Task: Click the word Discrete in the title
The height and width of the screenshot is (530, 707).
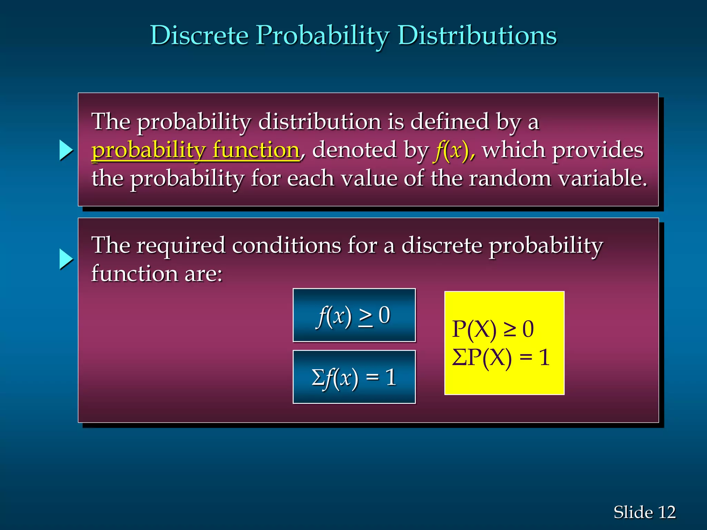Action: (x=200, y=36)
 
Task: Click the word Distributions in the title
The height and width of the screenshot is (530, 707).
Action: (x=477, y=36)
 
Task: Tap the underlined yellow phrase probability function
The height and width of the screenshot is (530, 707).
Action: (x=195, y=150)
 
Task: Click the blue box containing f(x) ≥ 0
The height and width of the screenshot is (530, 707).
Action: (x=354, y=315)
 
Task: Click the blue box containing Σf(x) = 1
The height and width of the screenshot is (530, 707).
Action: (x=354, y=377)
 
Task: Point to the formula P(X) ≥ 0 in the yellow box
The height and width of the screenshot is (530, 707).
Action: (x=493, y=329)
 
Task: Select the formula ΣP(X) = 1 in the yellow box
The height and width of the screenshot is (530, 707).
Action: (x=501, y=357)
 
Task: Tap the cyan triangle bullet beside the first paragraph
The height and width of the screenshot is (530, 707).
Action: (x=66, y=150)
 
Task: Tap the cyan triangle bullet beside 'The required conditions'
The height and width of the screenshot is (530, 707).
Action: (x=66, y=259)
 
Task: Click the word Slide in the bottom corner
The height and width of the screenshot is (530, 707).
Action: (x=633, y=512)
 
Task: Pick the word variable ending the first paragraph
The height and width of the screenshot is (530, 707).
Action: (x=602, y=179)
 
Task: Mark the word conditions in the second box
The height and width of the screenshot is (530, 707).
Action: (x=286, y=246)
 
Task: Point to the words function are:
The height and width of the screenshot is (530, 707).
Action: (x=157, y=274)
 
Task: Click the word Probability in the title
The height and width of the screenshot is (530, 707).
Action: (x=322, y=36)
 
